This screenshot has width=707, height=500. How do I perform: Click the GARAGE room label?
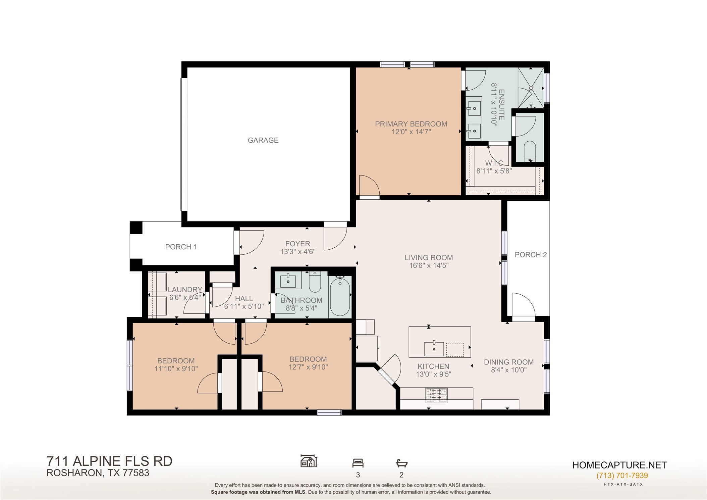(x=263, y=140)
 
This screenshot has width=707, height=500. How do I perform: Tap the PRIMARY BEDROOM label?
(x=411, y=124)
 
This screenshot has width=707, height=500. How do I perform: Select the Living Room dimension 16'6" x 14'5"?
(x=429, y=266)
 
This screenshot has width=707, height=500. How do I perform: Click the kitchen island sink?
(x=434, y=349)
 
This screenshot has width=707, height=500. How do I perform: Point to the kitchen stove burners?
(x=436, y=395)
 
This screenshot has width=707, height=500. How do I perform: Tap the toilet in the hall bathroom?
(x=315, y=282)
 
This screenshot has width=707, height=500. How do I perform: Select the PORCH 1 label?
(x=181, y=247)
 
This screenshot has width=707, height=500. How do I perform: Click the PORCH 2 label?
(x=531, y=255)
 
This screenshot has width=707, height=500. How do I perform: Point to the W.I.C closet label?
(x=494, y=163)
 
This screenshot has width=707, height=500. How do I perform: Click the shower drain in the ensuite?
(x=531, y=88)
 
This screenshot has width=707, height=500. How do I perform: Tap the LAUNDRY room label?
(x=185, y=289)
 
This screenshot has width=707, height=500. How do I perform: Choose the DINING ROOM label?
(x=509, y=362)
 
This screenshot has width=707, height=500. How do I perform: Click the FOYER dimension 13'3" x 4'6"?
(x=297, y=252)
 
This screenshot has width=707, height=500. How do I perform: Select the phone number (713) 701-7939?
(x=622, y=476)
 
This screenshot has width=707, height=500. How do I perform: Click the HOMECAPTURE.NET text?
(x=619, y=465)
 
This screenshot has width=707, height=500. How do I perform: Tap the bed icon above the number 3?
(x=358, y=463)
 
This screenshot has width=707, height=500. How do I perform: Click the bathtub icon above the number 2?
(x=401, y=463)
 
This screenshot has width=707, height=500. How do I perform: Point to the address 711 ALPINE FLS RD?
(x=109, y=461)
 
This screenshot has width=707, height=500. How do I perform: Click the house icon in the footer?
(x=309, y=461)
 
